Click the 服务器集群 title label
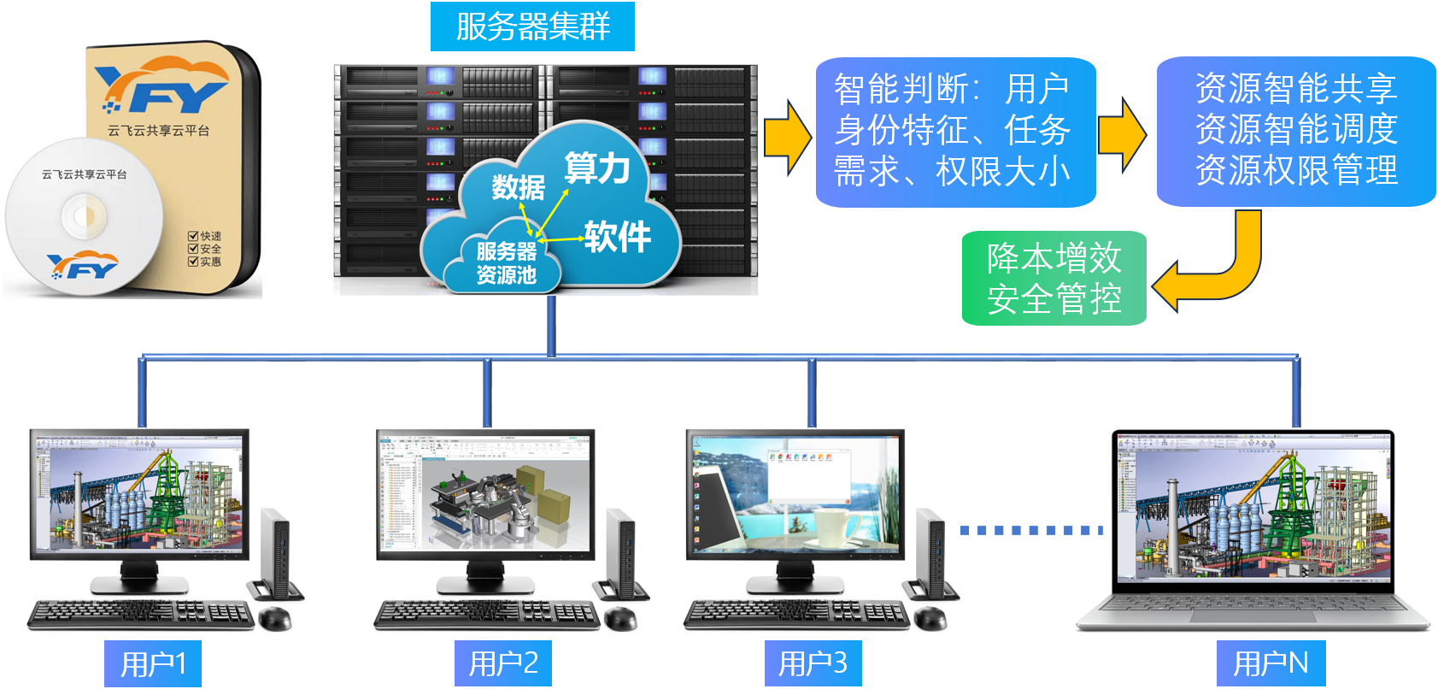pyautogui.click(x=532, y=26)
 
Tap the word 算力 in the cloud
pyautogui.click(x=597, y=168)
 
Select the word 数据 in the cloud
pyautogui.click(x=518, y=186)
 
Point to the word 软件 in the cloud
pyautogui.click(x=617, y=237)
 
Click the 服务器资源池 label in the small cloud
pyautogui.click(x=506, y=263)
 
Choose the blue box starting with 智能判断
pyautogui.click(x=955, y=132)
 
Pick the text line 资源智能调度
pyautogui.click(x=1295, y=130)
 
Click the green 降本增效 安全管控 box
pyautogui.click(x=1054, y=279)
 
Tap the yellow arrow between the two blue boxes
pyautogui.click(x=1122, y=134)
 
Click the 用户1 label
pyautogui.click(x=153, y=663)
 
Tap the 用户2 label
pyautogui.click(x=503, y=663)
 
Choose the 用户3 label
pyautogui.click(x=813, y=663)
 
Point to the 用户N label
pyautogui.click(x=1271, y=663)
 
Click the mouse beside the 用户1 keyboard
pyautogui.click(x=275, y=617)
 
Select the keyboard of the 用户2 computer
pyautogui.click(x=487, y=614)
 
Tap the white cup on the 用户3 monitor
pyautogui.click(x=835, y=527)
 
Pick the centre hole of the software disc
pyautogui.click(x=84, y=216)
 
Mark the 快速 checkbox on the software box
pyautogui.click(x=194, y=236)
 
